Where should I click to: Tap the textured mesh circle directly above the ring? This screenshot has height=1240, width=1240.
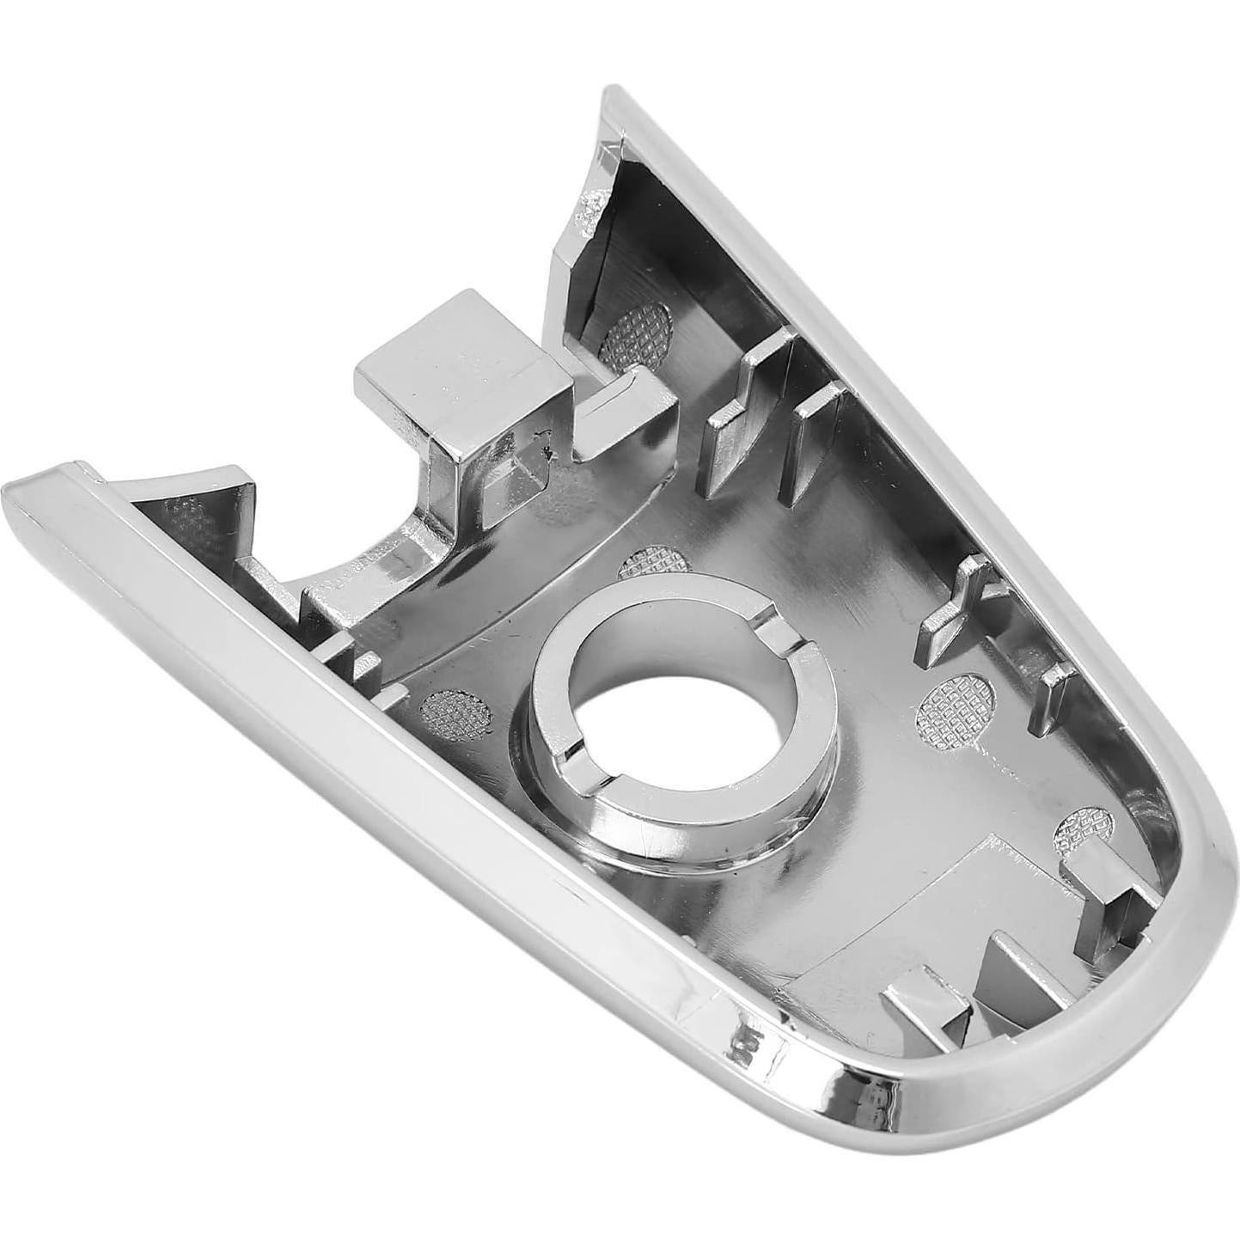click(x=655, y=563)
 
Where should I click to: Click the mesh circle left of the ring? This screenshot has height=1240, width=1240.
click(x=458, y=706)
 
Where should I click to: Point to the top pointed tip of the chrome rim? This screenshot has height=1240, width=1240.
click(x=612, y=93)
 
